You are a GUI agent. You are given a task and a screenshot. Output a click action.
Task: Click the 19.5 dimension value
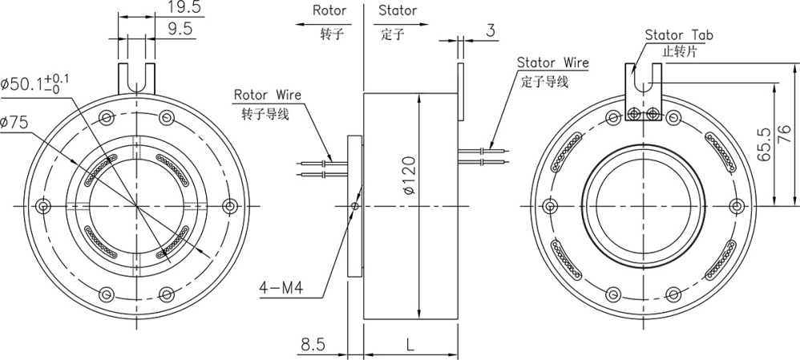tap(184, 8)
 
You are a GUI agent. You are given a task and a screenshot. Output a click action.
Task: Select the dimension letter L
tap(410, 345)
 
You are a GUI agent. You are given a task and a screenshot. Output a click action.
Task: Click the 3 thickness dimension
tap(490, 30)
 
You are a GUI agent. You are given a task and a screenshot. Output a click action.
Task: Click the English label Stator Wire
tap(553, 63)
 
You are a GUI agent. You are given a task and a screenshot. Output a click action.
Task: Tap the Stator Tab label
tap(679, 35)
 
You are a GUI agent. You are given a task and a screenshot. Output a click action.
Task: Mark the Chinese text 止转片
tap(678, 50)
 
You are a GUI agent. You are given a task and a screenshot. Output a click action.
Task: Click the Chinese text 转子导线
tap(265, 112)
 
